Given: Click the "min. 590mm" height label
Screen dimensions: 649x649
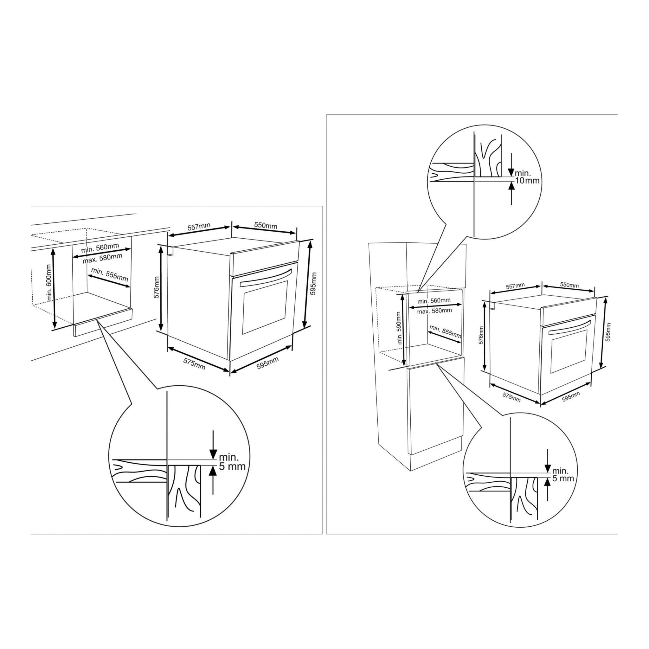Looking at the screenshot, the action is pos(399,328).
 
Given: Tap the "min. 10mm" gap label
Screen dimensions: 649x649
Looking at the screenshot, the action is pos(527,177).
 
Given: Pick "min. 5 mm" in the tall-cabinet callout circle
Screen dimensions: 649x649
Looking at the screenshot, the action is pos(563,474).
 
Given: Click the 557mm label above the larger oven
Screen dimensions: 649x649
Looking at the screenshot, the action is pos(199,227).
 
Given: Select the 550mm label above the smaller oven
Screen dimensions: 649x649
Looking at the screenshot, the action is pos(569,285).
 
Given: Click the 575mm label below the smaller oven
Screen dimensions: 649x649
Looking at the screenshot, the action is pos(511,397).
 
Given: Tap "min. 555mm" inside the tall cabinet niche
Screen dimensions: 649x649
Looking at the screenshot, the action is pos(446,331).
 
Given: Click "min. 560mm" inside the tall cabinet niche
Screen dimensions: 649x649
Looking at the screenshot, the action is pos(434,301).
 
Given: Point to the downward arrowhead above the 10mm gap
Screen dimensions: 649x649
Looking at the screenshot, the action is pos(511,172).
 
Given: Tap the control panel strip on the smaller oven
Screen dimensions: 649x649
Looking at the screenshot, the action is pos(569,311).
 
